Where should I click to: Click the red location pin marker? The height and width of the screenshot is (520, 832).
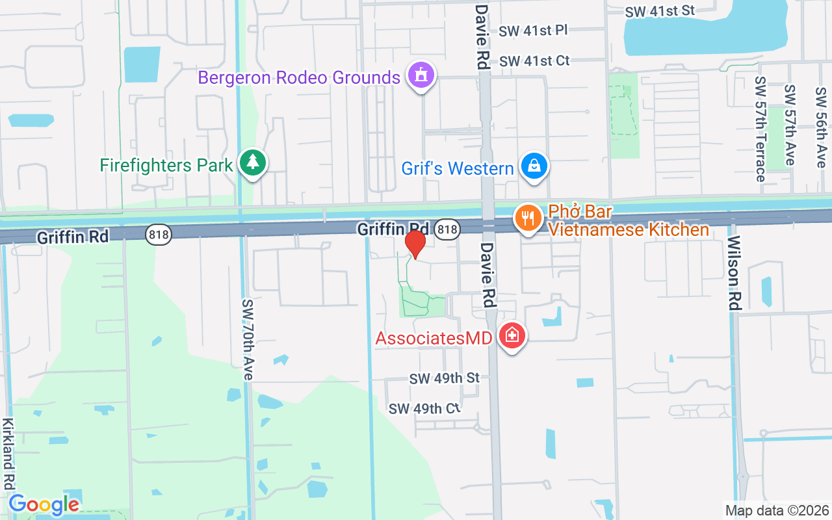pyautogui.click(x=415, y=244)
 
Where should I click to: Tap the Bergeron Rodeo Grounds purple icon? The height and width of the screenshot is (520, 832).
pyautogui.click(x=421, y=75)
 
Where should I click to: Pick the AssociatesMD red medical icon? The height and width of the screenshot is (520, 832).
pyautogui.click(x=512, y=335)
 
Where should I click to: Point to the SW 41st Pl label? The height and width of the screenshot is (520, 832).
pyautogui.click(x=534, y=31)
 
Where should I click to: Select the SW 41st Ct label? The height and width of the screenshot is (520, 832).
pyautogui.click(x=534, y=60)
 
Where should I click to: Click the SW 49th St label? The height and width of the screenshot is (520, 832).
pyautogui.click(x=445, y=378)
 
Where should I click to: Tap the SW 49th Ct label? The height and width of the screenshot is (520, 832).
pyautogui.click(x=424, y=408)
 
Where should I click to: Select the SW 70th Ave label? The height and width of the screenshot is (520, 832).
pyautogui.click(x=248, y=339)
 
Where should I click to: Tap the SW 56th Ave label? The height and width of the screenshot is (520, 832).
pyautogui.click(x=821, y=126)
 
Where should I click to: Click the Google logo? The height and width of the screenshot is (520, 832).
pyautogui.click(x=44, y=504)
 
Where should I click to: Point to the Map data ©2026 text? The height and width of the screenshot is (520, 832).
pyautogui.click(x=777, y=510)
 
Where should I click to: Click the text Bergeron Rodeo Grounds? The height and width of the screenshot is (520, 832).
pyautogui.click(x=299, y=78)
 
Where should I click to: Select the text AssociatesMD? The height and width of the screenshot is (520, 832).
pyautogui.click(x=434, y=338)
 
